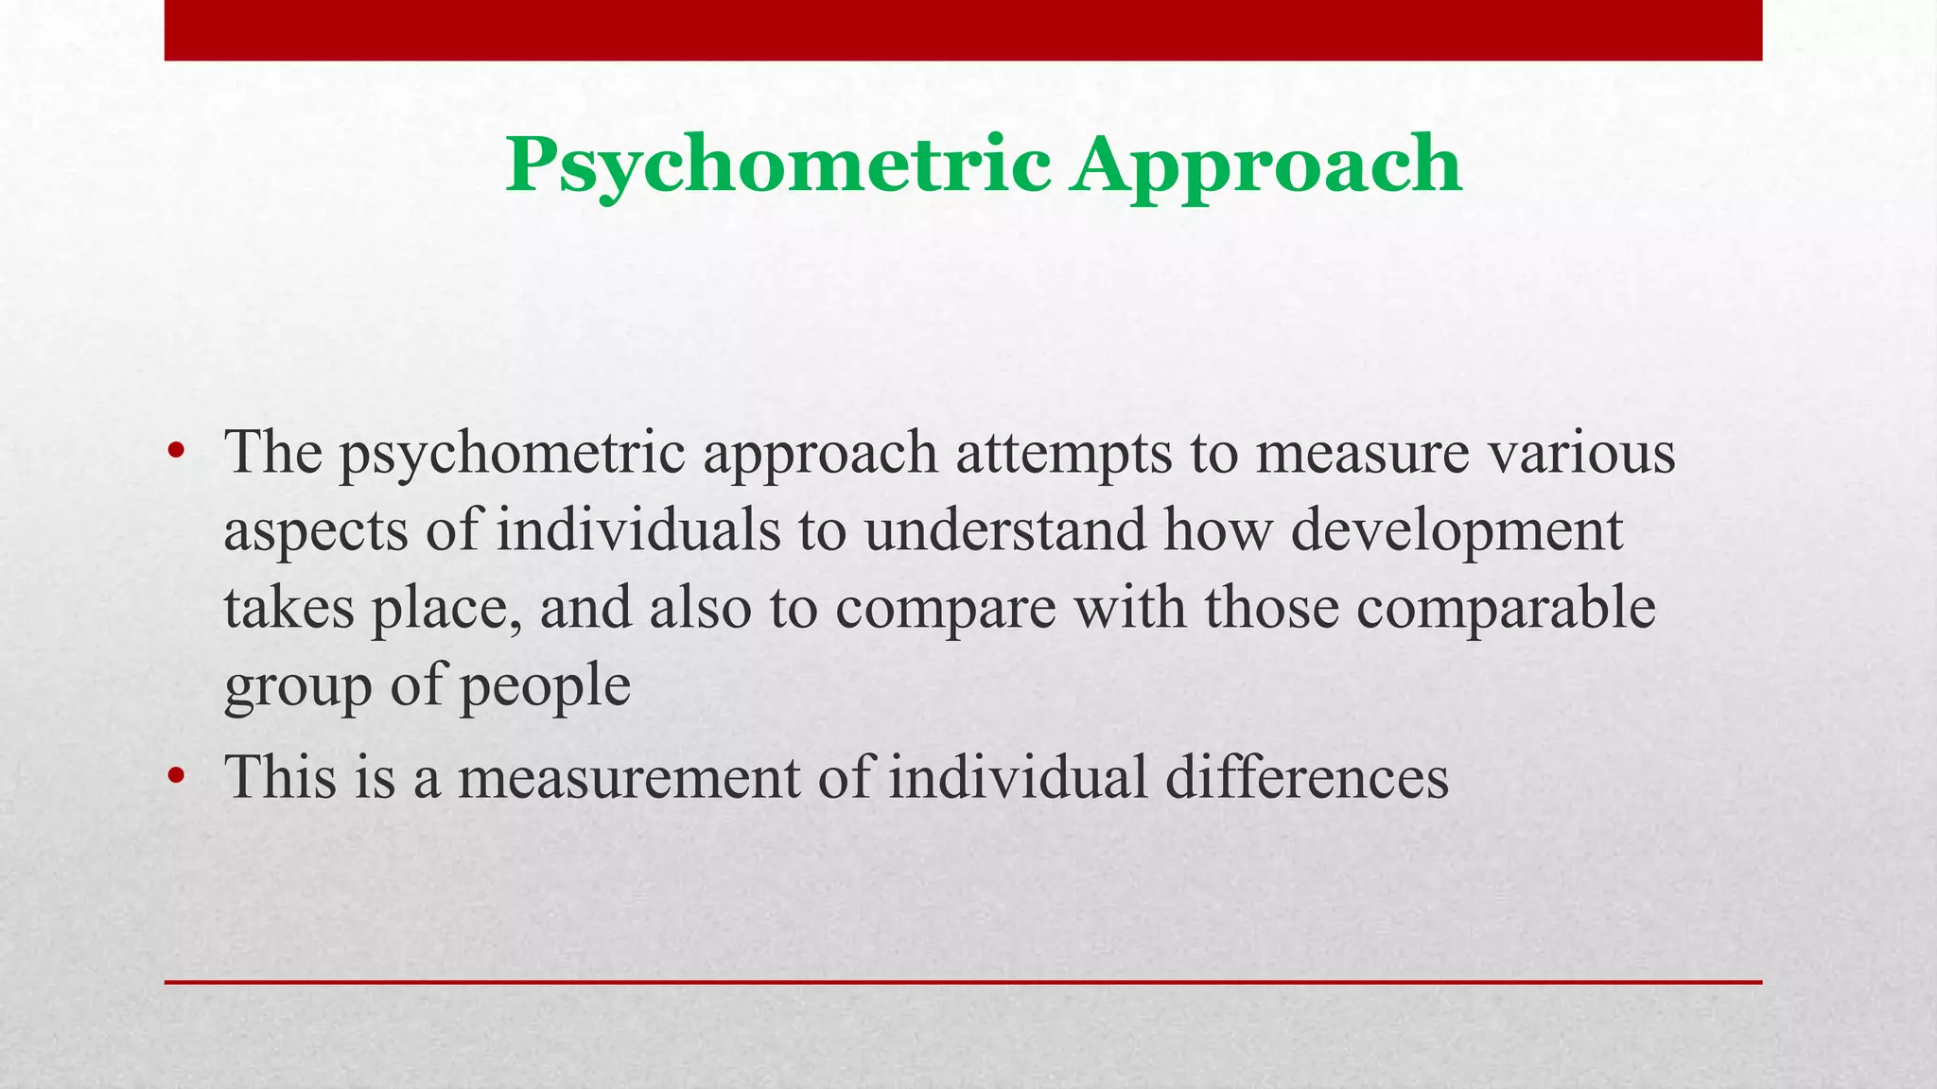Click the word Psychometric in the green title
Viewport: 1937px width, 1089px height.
click(777, 165)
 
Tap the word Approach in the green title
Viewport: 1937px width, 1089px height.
click(1266, 165)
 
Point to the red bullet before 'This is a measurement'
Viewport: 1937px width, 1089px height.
click(175, 776)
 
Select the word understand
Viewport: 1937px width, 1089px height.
click(1004, 529)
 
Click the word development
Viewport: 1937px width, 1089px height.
click(1457, 531)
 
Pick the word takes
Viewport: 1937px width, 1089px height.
click(288, 607)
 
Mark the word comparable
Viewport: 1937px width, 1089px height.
click(1506, 609)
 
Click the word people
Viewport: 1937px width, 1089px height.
click(546, 686)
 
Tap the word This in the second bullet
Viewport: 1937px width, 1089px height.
click(280, 777)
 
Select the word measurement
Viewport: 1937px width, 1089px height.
click(629, 777)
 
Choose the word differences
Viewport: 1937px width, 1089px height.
click(1306, 777)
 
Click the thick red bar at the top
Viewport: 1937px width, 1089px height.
click(963, 30)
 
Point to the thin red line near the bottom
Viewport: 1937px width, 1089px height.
click(963, 982)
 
